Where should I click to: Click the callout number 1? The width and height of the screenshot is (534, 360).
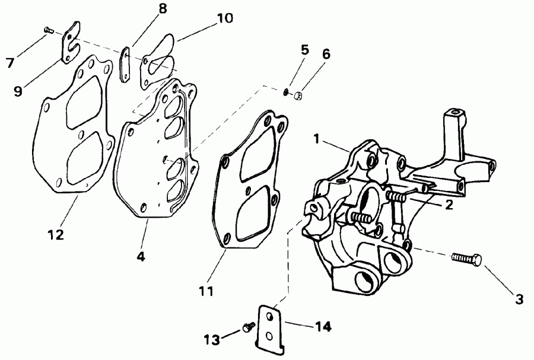317,139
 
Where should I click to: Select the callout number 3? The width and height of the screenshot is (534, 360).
519,300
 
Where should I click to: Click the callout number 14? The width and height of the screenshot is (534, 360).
323,326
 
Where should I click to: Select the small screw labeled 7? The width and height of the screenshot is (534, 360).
49,28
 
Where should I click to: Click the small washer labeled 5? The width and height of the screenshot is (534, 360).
287,91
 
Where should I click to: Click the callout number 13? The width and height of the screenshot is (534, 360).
211,340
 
